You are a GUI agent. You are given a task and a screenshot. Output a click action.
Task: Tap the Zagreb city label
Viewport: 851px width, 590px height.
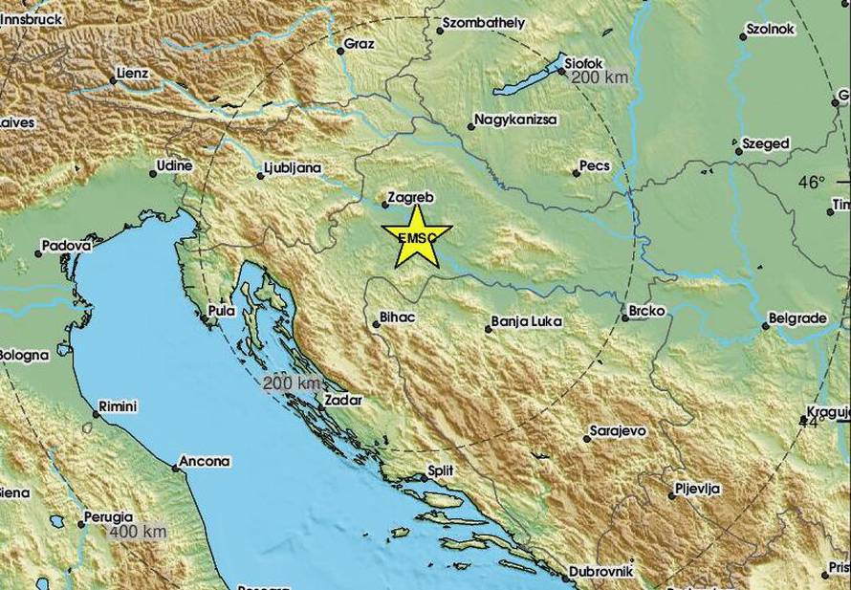click(412, 198)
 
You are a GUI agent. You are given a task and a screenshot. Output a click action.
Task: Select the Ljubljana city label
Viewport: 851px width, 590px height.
click(294, 169)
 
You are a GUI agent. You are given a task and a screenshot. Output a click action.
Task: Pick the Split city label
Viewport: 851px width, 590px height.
click(442, 470)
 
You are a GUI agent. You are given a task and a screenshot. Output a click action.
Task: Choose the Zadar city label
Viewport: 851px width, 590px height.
click(344, 400)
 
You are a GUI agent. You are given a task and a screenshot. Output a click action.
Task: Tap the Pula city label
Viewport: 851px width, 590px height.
click(222, 311)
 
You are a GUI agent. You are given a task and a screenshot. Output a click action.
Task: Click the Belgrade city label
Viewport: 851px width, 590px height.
click(798, 318)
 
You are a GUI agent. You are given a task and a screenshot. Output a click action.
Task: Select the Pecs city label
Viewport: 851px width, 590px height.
click(595, 166)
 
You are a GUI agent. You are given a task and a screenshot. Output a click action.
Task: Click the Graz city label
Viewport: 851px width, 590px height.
click(360, 43)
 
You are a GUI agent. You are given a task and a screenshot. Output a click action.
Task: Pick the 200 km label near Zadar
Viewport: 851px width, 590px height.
click(291, 382)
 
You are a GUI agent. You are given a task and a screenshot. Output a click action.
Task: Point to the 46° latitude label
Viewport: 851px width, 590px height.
click(812, 182)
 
